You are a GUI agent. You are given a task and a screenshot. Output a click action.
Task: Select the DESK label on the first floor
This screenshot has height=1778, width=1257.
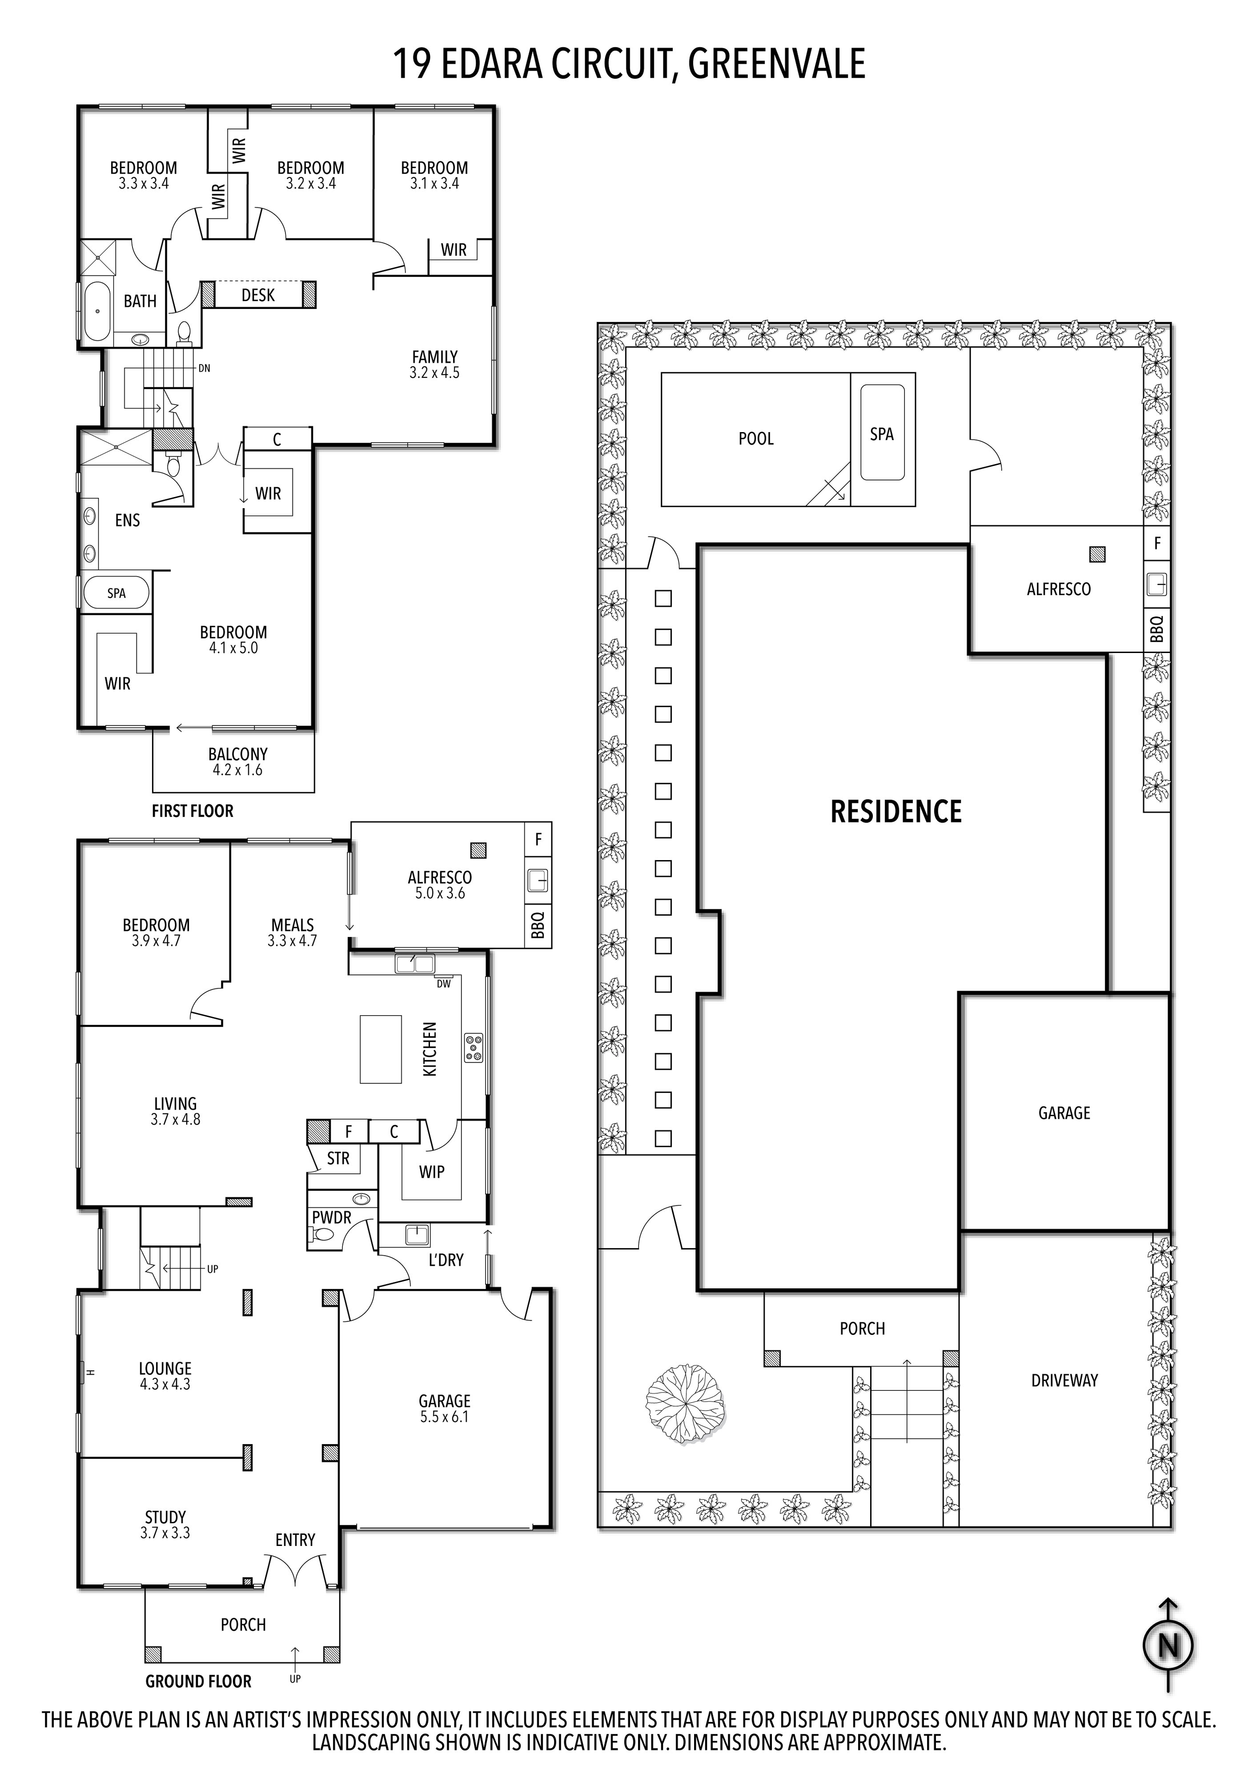(x=258, y=295)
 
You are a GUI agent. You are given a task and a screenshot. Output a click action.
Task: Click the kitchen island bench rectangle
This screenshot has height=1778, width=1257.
(x=380, y=1049)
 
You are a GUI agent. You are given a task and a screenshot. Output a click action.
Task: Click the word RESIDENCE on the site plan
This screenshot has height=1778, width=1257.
(x=896, y=811)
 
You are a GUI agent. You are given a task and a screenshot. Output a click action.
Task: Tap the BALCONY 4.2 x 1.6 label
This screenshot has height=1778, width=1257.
(x=238, y=761)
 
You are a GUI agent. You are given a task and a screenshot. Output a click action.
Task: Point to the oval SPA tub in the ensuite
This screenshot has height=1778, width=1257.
(x=116, y=593)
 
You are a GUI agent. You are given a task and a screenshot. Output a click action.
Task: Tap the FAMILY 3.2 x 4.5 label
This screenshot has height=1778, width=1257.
(x=435, y=364)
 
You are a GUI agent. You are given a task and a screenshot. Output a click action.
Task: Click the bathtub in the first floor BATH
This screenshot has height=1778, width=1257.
(x=98, y=311)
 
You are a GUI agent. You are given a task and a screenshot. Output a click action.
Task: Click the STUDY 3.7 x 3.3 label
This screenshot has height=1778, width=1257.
(x=165, y=1524)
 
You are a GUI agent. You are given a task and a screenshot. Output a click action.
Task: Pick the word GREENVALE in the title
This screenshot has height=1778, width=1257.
(x=777, y=63)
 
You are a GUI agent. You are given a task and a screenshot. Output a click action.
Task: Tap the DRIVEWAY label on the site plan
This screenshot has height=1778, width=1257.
(x=1064, y=1380)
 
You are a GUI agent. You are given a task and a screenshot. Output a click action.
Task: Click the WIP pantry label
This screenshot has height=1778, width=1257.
(x=431, y=1172)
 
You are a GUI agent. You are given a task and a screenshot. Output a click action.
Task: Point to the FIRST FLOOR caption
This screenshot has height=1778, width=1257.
(x=192, y=811)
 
